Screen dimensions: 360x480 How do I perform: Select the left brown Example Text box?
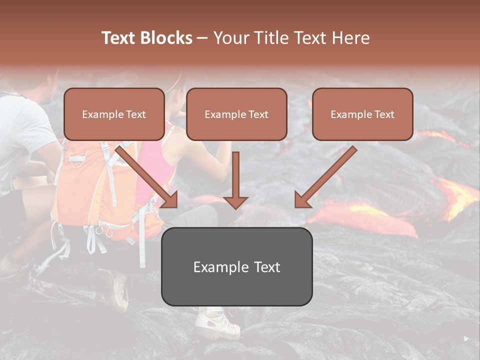[114, 114]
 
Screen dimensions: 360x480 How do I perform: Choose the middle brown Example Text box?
[236, 114]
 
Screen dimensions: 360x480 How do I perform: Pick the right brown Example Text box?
[362, 114]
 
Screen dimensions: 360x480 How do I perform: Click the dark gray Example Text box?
[236, 266]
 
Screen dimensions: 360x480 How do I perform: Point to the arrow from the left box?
[148, 176]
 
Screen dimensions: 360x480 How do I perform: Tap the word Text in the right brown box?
[384, 114]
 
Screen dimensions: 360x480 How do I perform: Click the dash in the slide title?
[202, 38]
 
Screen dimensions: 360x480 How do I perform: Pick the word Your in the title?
[231, 38]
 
